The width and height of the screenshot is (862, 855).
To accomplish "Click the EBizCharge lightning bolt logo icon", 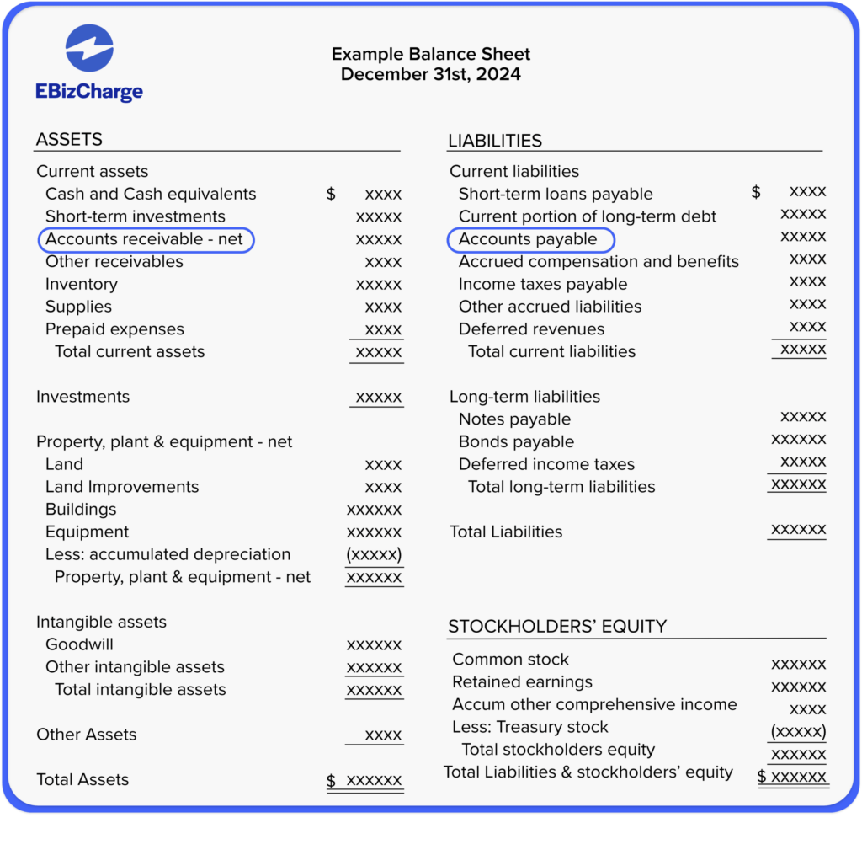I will [89, 48].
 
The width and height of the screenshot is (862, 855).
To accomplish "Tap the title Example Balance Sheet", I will [430, 55].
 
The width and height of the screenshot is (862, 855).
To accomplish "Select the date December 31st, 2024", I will [430, 75].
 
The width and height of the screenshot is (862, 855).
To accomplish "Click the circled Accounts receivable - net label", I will [145, 240].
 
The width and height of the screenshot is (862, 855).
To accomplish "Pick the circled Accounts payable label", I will [529, 240].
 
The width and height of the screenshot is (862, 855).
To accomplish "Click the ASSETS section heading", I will [69, 140].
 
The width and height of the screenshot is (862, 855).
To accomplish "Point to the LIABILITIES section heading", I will [495, 141].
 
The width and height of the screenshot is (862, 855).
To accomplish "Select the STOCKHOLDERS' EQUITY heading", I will [557, 627].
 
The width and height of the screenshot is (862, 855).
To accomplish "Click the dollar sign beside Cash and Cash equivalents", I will [331, 195].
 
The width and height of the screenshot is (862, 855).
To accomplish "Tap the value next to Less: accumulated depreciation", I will [374, 555].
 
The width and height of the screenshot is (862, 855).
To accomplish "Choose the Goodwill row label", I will [79, 644].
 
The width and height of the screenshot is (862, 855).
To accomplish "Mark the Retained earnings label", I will [522, 682].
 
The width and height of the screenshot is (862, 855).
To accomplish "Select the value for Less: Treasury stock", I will [798, 730].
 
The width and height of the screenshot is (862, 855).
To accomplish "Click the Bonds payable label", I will [516, 442].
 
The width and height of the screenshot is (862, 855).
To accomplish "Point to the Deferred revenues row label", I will [531, 329].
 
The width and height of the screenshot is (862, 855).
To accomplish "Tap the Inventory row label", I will [82, 285].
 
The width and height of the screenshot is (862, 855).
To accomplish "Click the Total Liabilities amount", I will [798, 530].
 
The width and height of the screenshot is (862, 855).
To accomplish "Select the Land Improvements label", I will [122, 487].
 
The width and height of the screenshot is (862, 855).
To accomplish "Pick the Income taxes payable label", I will [543, 285].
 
